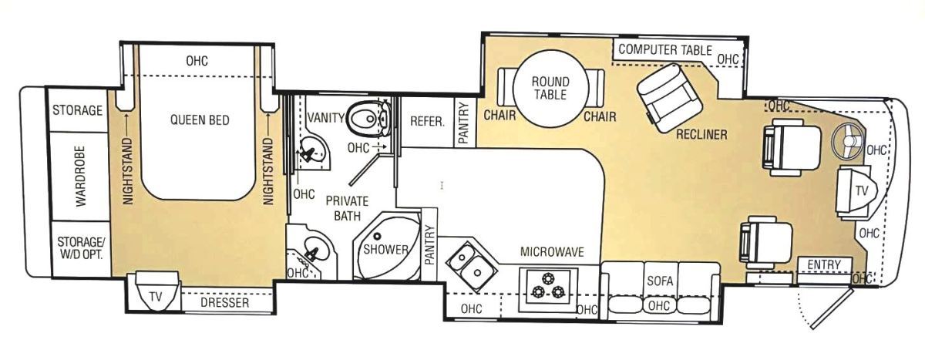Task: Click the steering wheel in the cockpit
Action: coord(847,142)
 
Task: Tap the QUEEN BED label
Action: coord(200,120)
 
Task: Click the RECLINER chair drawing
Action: coord(669,98)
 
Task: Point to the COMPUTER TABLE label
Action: coord(665,49)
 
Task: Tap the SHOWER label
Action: coord(385,249)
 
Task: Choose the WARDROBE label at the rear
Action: coord(80,177)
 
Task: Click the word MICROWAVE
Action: coord(552,252)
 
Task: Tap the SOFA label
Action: coord(660,281)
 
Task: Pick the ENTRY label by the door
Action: coord(824,264)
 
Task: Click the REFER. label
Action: coord(427,121)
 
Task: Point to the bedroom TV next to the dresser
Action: coord(156,291)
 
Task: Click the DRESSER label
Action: coord(224,303)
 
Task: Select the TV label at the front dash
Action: coord(862,190)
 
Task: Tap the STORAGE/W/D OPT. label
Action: coord(81,247)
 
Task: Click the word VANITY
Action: coord(326,118)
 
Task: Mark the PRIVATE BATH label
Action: coord(347,208)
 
